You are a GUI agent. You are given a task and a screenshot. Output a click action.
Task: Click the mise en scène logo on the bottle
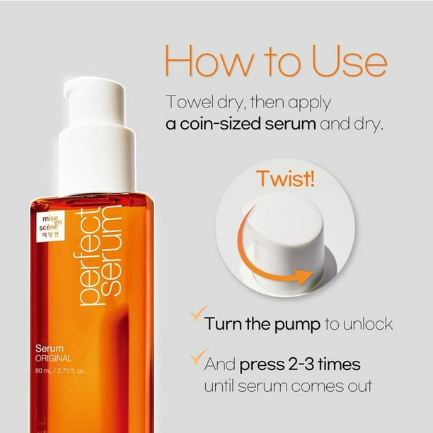(x=49, y=226)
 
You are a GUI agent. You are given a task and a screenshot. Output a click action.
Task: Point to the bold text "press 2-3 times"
(x=300, y=365)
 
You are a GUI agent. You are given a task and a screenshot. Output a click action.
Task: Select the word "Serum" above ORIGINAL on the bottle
(x=50, y=348)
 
